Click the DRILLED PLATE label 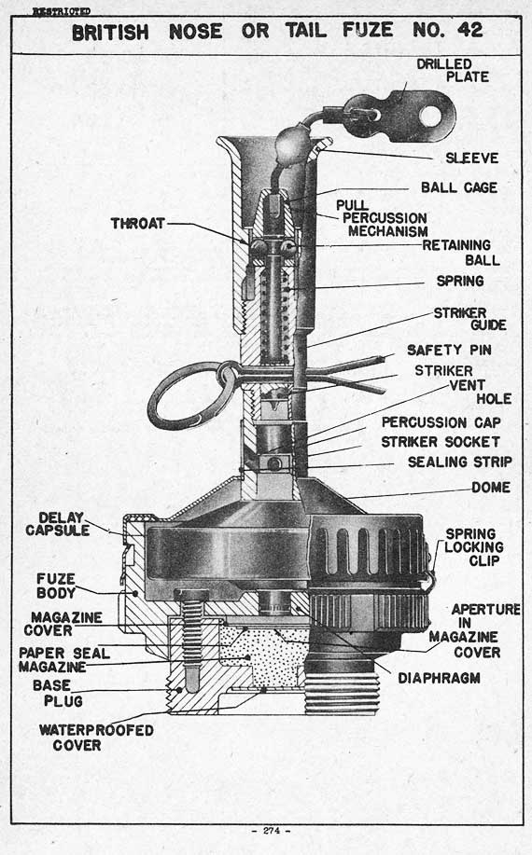[x=453, y=71]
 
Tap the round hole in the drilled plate [x=431, y=117]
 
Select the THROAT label [x=138, y=224]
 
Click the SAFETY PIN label [x=449, y=350]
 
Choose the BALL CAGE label [x=459, y=187]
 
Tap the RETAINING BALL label [x=462, y=253]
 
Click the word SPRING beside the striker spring [x=460, y=281]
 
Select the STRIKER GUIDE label [x=469, y=319]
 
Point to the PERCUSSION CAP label [x=441, y=422]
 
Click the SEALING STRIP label [x=460, y=462]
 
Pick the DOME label [x=491, y=488]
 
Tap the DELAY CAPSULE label [x=57, y=524]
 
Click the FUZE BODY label [x=56, y=586]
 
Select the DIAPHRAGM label [x=440, y=679]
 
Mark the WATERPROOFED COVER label [x=96, y=738]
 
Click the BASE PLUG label [x=57, y=693]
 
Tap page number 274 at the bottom [x=272, y=831]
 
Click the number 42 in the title [x=469, y=30]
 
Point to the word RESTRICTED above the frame [x=61, y=11]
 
